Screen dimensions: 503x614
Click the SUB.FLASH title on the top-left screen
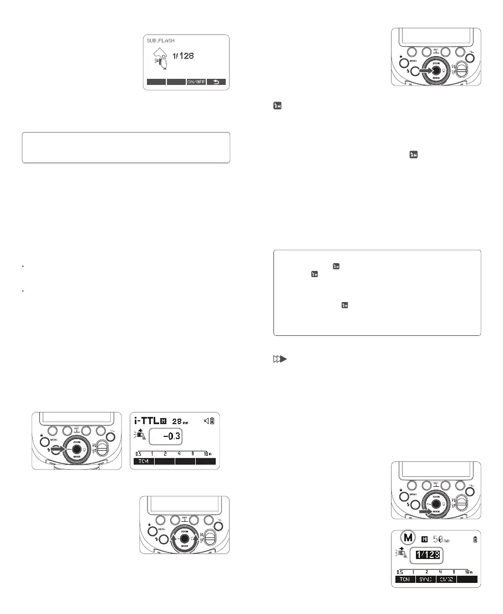pyautogui.click(x=159, y=41)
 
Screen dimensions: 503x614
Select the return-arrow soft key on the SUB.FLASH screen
pyautogui.click(x=216, y=82)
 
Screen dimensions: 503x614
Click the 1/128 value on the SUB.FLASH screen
pyautogui.click(x=181, y=56)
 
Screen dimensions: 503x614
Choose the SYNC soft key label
pyautogui.click(x=428, y=579)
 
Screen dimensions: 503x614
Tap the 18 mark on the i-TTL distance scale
pyautogui.click(x=207, y=454)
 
